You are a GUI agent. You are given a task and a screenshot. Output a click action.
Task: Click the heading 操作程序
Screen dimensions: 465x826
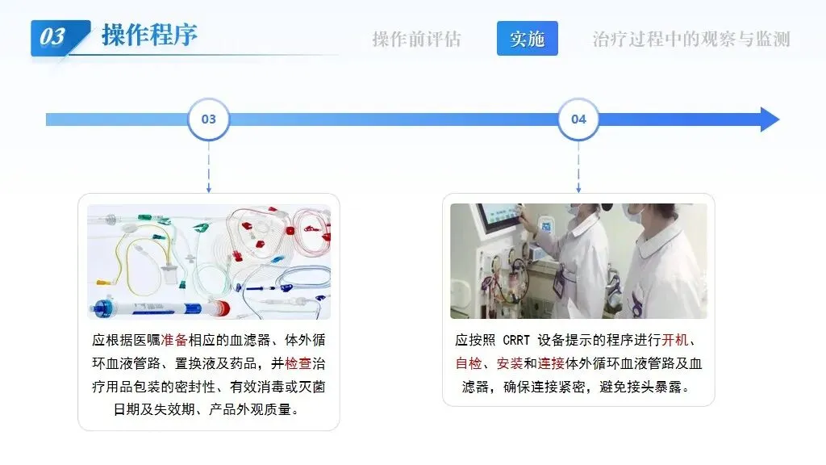tap(149, 36)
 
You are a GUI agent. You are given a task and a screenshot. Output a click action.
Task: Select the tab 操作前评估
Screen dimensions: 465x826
tap(416, 39)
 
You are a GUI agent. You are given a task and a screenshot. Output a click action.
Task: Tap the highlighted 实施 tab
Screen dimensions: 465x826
tap(527, 39)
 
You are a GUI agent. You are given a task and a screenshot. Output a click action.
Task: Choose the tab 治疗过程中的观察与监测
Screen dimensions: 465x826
tap(691, 39)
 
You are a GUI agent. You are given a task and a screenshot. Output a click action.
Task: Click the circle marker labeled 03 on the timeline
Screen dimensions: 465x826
tap(209, 119)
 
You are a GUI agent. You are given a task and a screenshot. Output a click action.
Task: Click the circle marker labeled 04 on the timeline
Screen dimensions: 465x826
tap(578, 119)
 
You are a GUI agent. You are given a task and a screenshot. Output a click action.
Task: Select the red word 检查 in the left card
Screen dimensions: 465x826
tap(298, 363)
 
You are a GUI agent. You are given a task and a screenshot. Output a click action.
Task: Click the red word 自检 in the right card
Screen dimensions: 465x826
tap(468, 363)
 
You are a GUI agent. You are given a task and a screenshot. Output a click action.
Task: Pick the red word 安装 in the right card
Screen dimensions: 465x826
tap(510, 363)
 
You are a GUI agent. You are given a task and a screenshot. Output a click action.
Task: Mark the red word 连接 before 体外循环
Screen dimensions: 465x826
tap(551, 363)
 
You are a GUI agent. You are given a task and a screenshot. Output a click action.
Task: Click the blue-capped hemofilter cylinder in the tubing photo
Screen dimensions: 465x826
tap(153, 308)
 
